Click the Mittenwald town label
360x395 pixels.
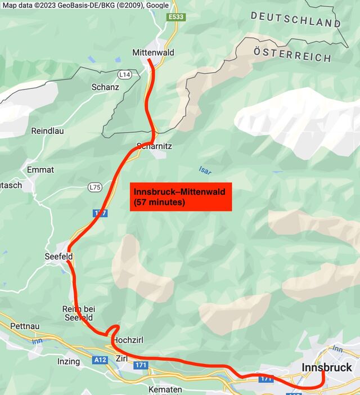[153, 53]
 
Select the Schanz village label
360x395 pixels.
[105, 87]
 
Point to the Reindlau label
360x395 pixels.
[47, 131]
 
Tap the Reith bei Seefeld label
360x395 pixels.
[79, 313]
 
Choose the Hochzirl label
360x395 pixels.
[130, 341]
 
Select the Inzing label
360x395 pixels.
[69, 361]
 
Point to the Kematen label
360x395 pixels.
[165, 389]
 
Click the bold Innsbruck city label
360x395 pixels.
[327, 367]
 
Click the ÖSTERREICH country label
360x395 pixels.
[292, 54]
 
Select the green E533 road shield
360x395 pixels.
[177, 17]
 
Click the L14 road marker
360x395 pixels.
[124, 74]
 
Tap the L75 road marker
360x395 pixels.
[94, 187]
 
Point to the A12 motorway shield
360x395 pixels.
[100, 360]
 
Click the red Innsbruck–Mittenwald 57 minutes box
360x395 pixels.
[181, 197]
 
